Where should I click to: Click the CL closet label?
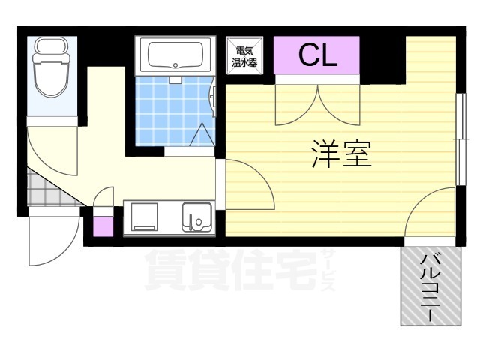[x=318, y=55]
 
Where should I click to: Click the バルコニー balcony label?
[x=430, y=288]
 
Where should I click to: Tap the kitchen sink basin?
[x=197, y=218]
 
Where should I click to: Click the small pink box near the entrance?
[x=103, y=225]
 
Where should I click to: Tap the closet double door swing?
[x=319, y=105]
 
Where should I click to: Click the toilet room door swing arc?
[x=52, y=150]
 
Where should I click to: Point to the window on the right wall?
[x=457, y=139]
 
